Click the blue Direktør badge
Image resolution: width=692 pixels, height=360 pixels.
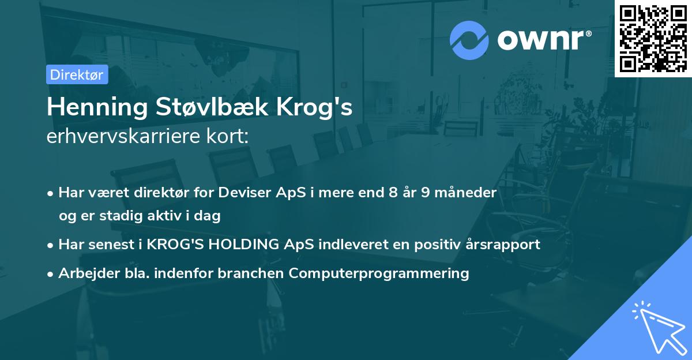pos(77,74)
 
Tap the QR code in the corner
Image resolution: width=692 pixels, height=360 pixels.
pos(653,38)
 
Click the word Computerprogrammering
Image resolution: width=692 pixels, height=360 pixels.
pos(379,273)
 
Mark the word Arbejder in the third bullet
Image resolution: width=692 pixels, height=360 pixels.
pos(84,273)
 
